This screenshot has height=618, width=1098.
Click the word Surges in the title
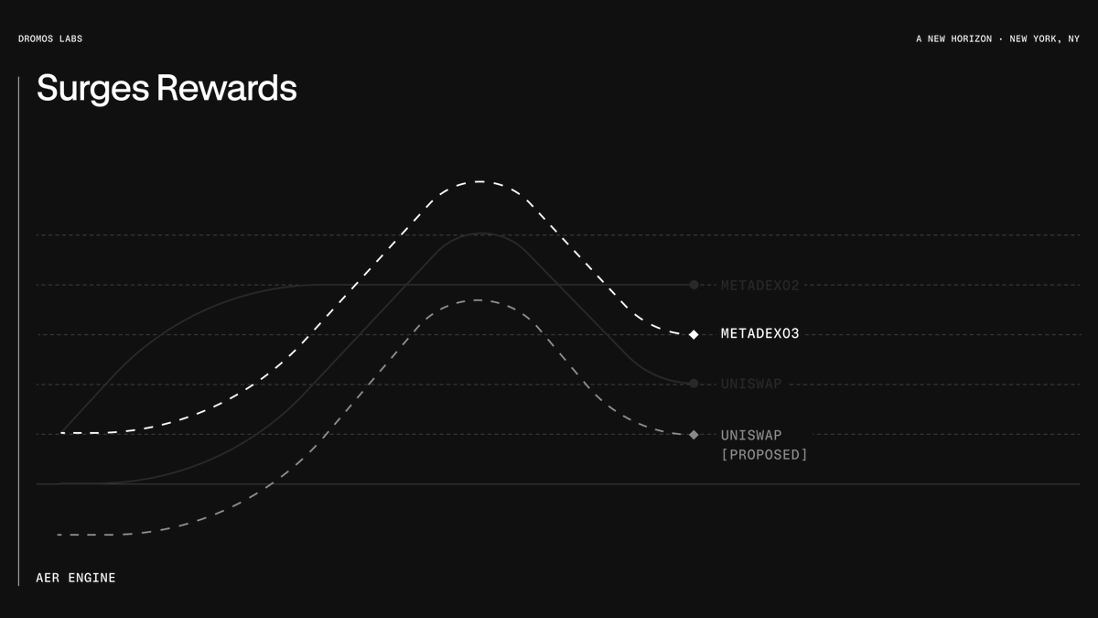tap(93, 89)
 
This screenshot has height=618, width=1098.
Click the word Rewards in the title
tap(226, 89)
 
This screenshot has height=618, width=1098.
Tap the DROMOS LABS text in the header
tap(50, 38)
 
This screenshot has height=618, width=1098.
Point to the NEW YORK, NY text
tap(1044, 38)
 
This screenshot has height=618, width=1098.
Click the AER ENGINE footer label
tap(76, 578)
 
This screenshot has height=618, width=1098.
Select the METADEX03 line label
tap(759, 334)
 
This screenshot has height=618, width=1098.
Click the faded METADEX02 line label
tap(759, 286)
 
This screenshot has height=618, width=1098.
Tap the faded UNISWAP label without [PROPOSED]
tap(751, 384)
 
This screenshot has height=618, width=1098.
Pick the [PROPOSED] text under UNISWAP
tap(764, 455)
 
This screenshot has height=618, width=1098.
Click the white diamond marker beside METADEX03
tap(694, 334)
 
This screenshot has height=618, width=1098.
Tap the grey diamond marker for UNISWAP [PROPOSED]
tap(694, 435)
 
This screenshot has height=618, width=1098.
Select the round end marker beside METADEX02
tap(694, 285)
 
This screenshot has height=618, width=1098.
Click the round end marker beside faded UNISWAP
tap(694, 384)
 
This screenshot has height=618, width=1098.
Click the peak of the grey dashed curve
tap(477, 300)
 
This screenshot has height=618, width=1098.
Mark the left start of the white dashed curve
tap(62, 432)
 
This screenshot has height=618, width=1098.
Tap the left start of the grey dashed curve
tap(59, 534)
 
